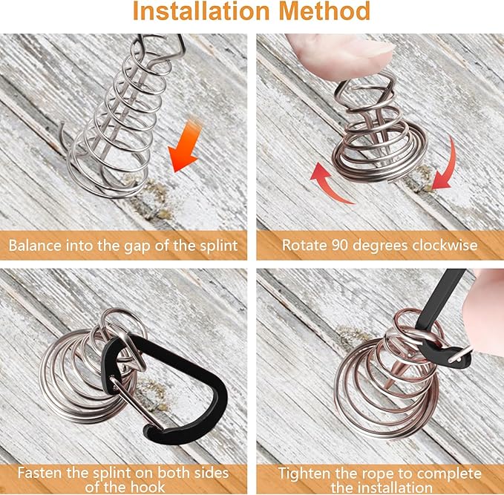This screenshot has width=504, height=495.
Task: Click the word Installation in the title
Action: pos(201,10)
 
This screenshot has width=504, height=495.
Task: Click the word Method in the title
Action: pos(324,10)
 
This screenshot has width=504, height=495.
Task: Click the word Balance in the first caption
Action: pos(35,246)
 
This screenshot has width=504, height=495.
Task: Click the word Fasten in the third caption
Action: pos(40,473)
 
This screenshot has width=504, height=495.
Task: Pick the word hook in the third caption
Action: pos(148,488)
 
